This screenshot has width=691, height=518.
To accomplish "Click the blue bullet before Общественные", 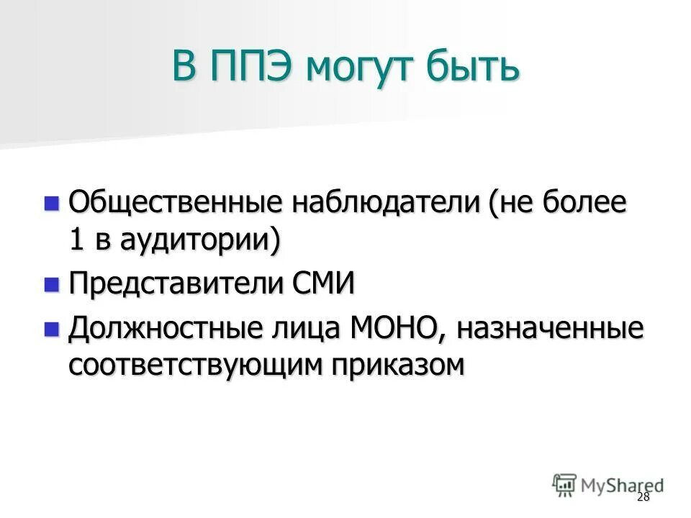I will click(51, 204).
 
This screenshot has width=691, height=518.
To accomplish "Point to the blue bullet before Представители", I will click(51, 285).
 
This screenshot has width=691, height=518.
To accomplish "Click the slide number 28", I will click(643, 498).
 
